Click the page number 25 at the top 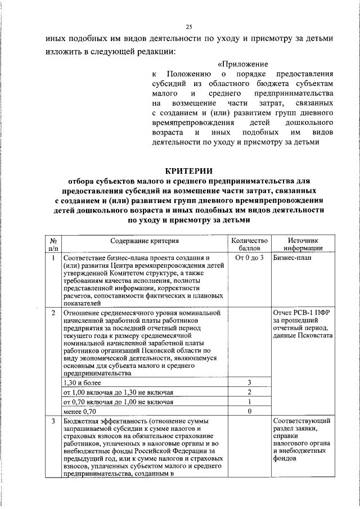pos(189,27)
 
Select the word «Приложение pos(242,64)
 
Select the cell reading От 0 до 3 pos(249,258)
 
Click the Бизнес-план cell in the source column pos(292,258)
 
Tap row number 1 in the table pos(53,258)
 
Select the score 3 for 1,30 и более pos(249,382)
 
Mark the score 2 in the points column pos(249,392)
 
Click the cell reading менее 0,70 pos(81,412)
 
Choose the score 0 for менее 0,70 pos(249,412)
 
